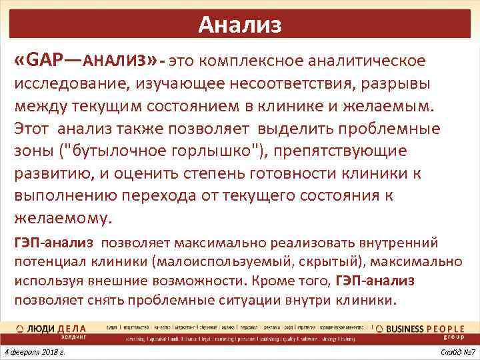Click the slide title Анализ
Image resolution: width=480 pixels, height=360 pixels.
[x=240, y=25]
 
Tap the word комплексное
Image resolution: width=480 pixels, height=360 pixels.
[x=248, y=61]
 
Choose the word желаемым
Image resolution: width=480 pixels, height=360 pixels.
[x=392, y=106]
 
